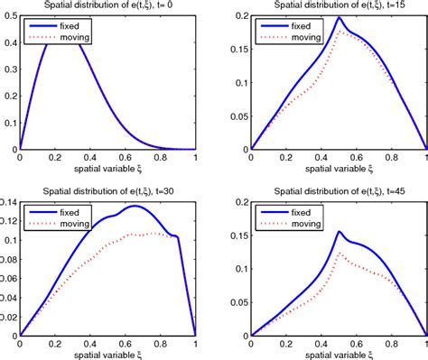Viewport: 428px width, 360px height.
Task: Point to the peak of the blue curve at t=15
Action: pyautogui.click(x=339, y=17)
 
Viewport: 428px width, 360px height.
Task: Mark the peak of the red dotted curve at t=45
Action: pyautogui.click(x=339, y=253)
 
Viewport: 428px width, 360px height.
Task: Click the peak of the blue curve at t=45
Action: pyautogui.click(x=339, y=231)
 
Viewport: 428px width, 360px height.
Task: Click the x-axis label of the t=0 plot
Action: pyautogui.click(x=107, y=169)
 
